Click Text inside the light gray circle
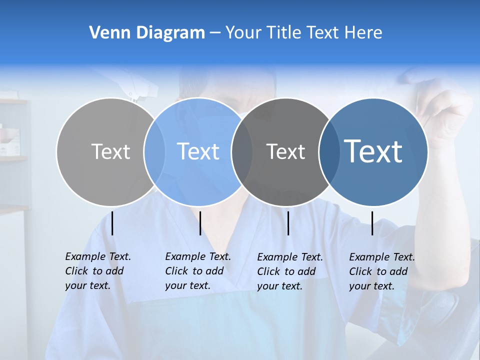click(110, 151)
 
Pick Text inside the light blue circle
click(198, 151)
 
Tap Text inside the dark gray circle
click(286, 151)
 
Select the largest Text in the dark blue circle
click(373, 151)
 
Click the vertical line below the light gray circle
click(112, 223)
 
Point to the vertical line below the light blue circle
click(200, 223)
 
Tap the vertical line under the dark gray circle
click(288, 223)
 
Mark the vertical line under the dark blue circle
click(372, 223)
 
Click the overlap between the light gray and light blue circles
click(154, 152)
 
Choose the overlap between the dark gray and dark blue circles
click(328, 152)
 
